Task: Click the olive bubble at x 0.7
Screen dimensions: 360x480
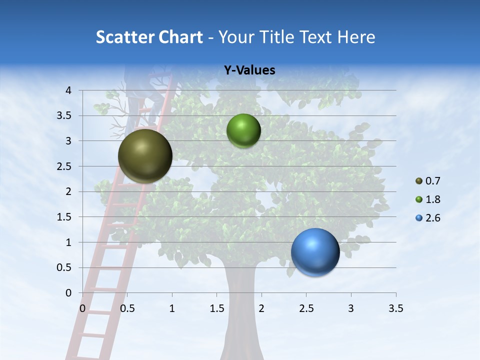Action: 145,156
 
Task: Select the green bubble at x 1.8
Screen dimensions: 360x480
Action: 243,130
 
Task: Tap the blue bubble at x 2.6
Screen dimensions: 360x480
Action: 315,252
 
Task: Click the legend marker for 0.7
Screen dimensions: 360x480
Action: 419,181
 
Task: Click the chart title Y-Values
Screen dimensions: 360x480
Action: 249,70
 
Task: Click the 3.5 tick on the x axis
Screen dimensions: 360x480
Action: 395,308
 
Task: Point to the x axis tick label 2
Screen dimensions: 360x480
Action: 261,308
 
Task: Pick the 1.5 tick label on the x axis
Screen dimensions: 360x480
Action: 216,308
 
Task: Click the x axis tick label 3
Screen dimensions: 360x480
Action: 351,308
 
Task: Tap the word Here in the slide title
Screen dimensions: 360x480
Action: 356,37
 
